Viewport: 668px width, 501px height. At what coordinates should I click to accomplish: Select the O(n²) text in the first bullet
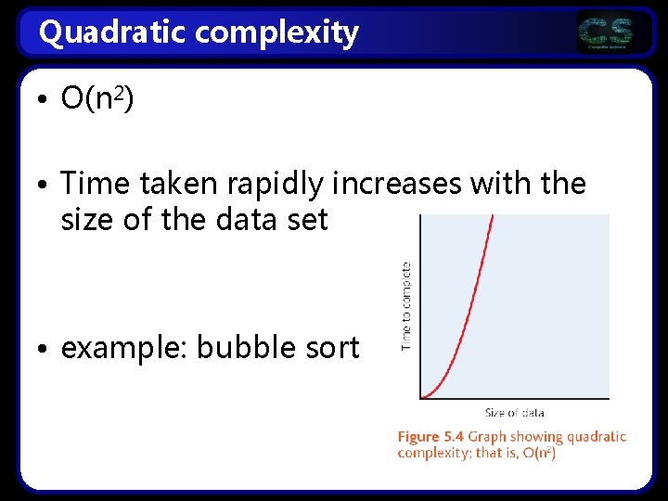97,97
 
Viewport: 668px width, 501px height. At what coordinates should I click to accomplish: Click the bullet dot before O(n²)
46,99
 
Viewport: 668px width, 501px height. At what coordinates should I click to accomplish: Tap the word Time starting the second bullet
96,184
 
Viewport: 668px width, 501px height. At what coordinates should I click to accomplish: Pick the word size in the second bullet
86,220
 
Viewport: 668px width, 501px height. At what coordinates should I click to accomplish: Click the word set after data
306,220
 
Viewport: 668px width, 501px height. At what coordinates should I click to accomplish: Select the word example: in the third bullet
124,348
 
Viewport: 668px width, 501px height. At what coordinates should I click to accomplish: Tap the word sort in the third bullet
331,348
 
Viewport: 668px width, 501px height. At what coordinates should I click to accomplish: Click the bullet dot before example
46,350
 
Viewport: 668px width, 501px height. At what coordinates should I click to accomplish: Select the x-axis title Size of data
514,413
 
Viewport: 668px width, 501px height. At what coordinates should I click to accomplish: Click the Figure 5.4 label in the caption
430,436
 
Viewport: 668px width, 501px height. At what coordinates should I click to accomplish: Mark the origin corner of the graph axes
420,399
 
